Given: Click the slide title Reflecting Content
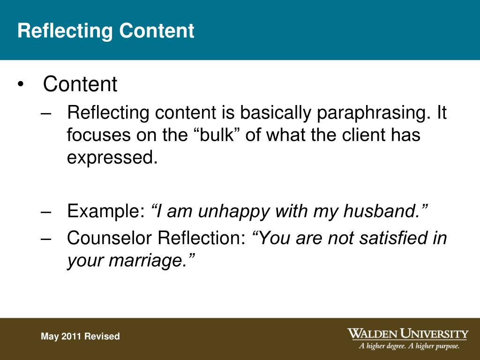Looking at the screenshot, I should pos(105,31).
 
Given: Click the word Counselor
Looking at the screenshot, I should pos(110,238).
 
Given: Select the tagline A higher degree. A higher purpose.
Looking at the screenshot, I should pos(409,347).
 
